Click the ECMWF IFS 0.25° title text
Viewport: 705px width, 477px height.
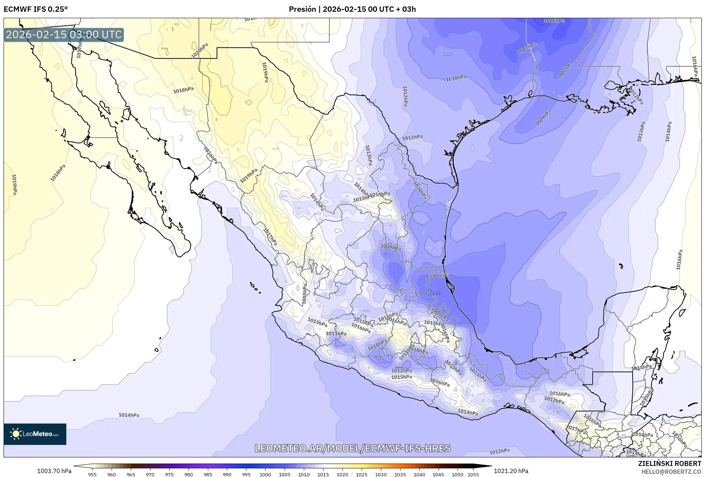36,9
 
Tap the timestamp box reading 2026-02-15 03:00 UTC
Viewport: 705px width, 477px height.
64,35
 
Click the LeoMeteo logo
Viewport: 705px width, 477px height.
35,434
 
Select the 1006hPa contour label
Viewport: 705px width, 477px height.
554,21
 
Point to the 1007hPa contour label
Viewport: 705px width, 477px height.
527,48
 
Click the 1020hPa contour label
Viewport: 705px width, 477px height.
200,51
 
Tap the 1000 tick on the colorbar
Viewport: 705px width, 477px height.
265,474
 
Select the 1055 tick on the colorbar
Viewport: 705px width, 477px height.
473,474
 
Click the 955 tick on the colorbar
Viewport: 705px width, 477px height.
92,474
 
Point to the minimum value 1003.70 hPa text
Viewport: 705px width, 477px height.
54,471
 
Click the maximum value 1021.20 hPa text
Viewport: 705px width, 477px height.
511,471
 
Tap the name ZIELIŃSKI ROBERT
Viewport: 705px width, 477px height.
669,463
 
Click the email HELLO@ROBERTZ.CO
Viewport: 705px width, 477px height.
671,472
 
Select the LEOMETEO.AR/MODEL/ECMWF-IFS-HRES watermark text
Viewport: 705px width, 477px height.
352,448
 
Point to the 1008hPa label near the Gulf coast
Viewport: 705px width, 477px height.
439,276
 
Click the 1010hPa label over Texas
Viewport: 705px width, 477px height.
456,78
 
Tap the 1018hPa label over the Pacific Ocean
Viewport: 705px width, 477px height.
58,173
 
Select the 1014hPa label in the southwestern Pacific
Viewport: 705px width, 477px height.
129,415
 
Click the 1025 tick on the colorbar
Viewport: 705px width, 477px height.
362,474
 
